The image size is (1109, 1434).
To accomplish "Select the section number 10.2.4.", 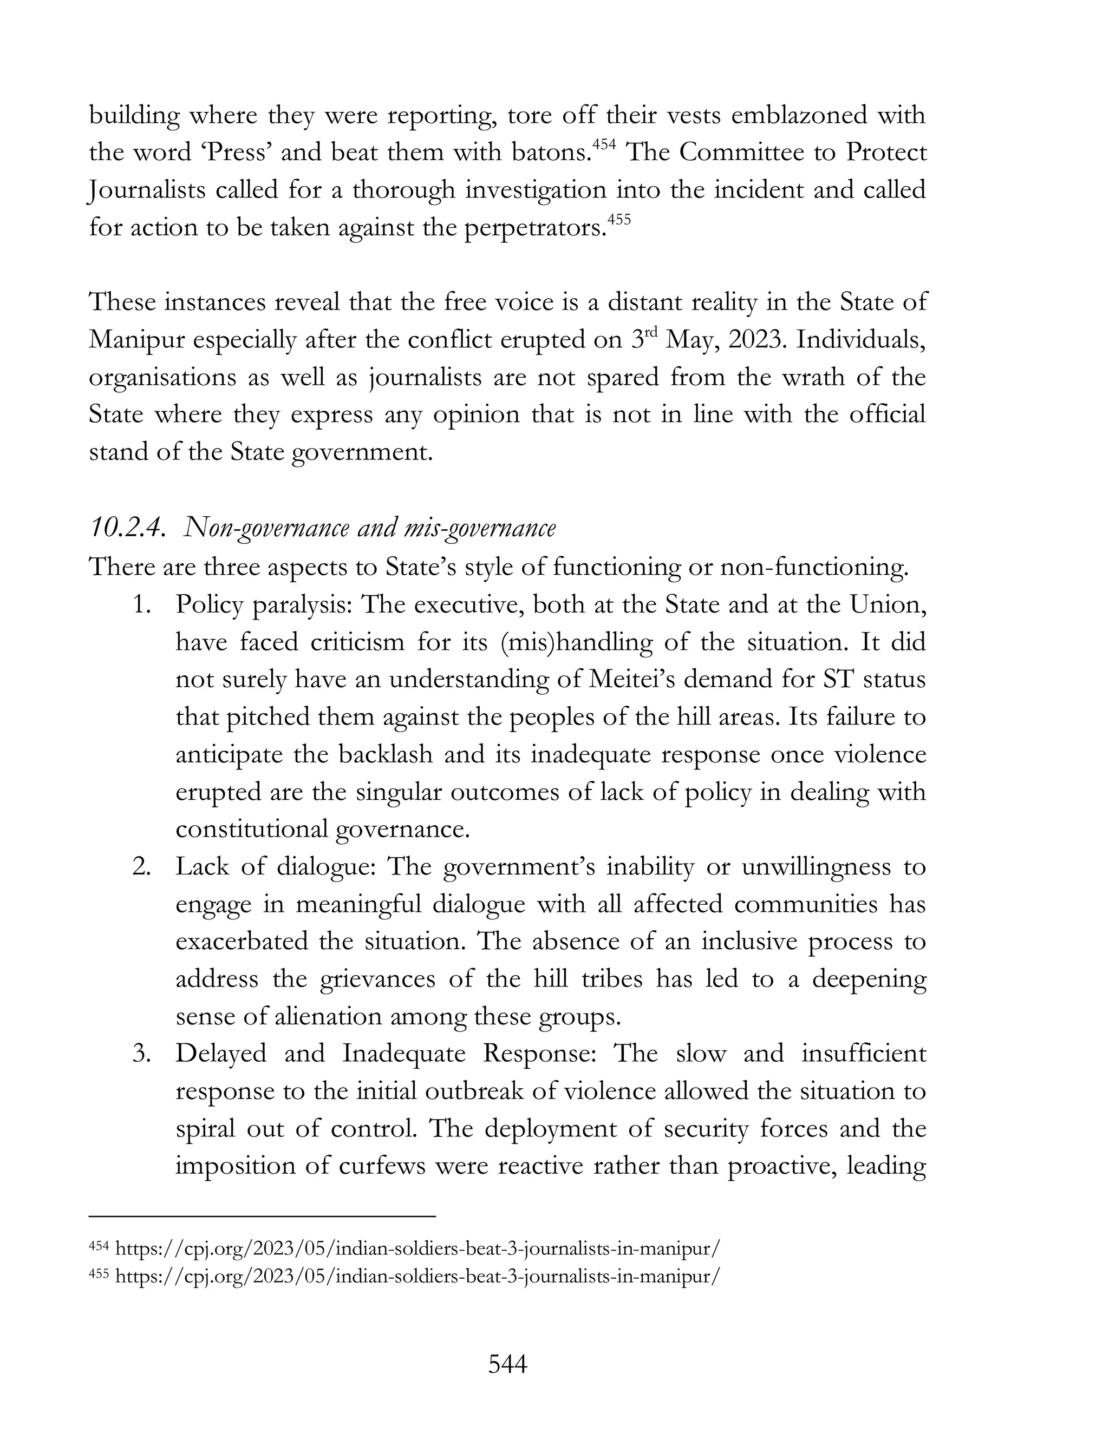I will pyautogui.click(x=126, y=529).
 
